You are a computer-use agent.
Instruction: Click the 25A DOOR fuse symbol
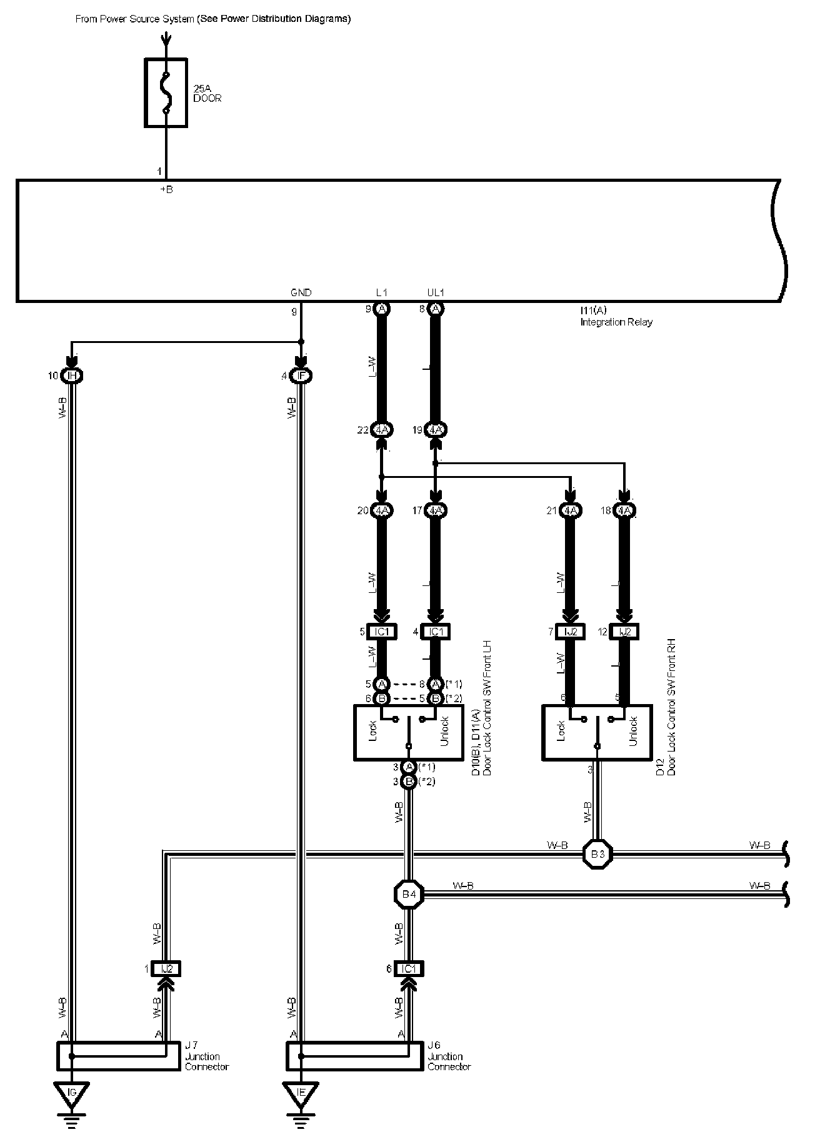coord(166,93)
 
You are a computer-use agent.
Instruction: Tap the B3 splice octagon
coord(597,854)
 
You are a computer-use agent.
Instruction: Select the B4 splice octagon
coord(409,895)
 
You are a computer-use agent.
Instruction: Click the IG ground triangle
coord(72,1092)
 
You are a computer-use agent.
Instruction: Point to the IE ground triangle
coord(301,1092)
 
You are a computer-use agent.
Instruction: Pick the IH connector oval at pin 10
coord(72,375)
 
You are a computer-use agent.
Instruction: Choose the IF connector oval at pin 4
coord(301,375)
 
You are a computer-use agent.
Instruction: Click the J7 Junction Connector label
coord(206,1056)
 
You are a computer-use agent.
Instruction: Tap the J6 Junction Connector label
coord(449,1056)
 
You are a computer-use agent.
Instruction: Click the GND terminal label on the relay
coord(301,292)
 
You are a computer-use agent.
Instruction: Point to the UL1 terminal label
coord(435,292)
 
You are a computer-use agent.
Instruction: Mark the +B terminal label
coord(166,190)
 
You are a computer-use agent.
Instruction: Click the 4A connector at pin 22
coord(382,430)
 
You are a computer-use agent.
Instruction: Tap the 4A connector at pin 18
coord(624,510)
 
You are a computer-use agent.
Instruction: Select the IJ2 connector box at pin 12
coord(624,632)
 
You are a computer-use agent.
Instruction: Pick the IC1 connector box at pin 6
coord(409,969)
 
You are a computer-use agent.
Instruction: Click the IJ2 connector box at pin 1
coord(166,969)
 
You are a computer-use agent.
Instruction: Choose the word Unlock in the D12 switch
coord(633,732)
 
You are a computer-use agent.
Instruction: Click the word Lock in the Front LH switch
coord(373,732)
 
